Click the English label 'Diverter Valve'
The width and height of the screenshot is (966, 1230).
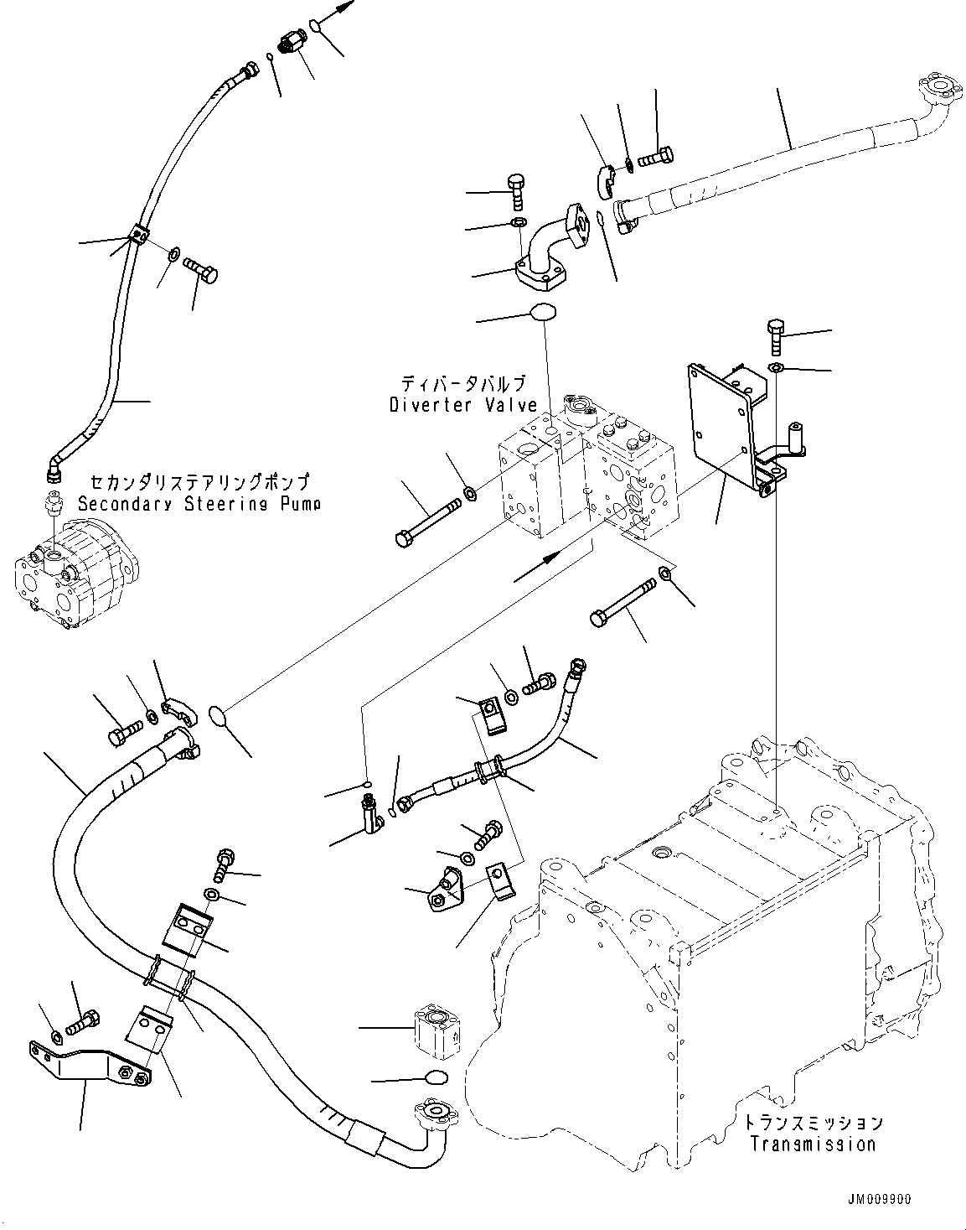coord(462,406)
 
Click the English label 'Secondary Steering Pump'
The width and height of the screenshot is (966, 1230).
coord(199,504)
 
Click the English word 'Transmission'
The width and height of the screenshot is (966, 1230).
coord(813,1144)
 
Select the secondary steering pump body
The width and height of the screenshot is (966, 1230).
coord(71,567)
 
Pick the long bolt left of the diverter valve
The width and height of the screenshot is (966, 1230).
coord(426,521)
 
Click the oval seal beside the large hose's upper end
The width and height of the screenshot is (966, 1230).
coord(220,716)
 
